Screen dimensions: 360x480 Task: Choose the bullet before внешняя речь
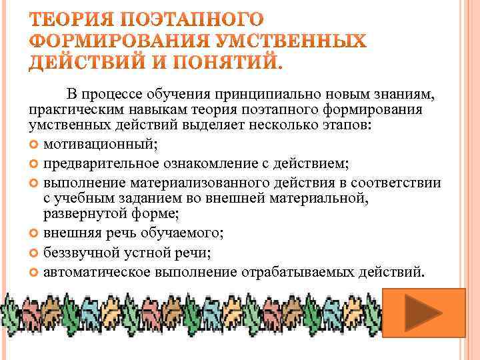35,233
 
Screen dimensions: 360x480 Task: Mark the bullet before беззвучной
35,253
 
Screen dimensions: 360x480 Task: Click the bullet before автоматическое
35,272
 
